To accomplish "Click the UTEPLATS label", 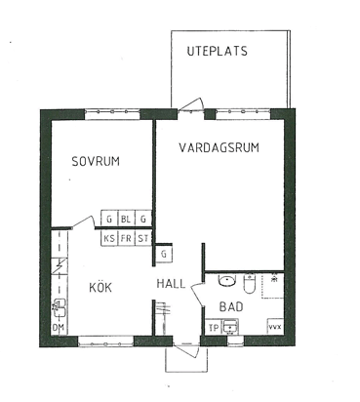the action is [217, 51].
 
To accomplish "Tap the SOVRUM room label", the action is [96, 161].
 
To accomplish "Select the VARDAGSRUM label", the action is [220, 147].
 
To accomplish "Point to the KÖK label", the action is [100, 287].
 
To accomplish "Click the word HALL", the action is [171, 284].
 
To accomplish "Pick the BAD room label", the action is [231, 306].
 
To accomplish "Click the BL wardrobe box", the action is [126, 219].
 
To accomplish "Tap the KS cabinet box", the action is [109, 238].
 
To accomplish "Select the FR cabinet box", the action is [126, 238].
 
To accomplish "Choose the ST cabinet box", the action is [143, 238].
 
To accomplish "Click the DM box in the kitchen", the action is [59, 328].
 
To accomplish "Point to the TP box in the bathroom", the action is [214, 328].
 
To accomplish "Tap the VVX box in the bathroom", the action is [275, 327].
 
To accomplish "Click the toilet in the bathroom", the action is [250, 284].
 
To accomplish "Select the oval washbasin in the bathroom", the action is [227, 281].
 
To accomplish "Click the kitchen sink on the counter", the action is [60, 308].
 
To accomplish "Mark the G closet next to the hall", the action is [164, 254].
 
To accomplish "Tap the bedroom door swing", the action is [83, 221].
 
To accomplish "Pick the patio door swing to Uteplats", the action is [192, 103].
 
